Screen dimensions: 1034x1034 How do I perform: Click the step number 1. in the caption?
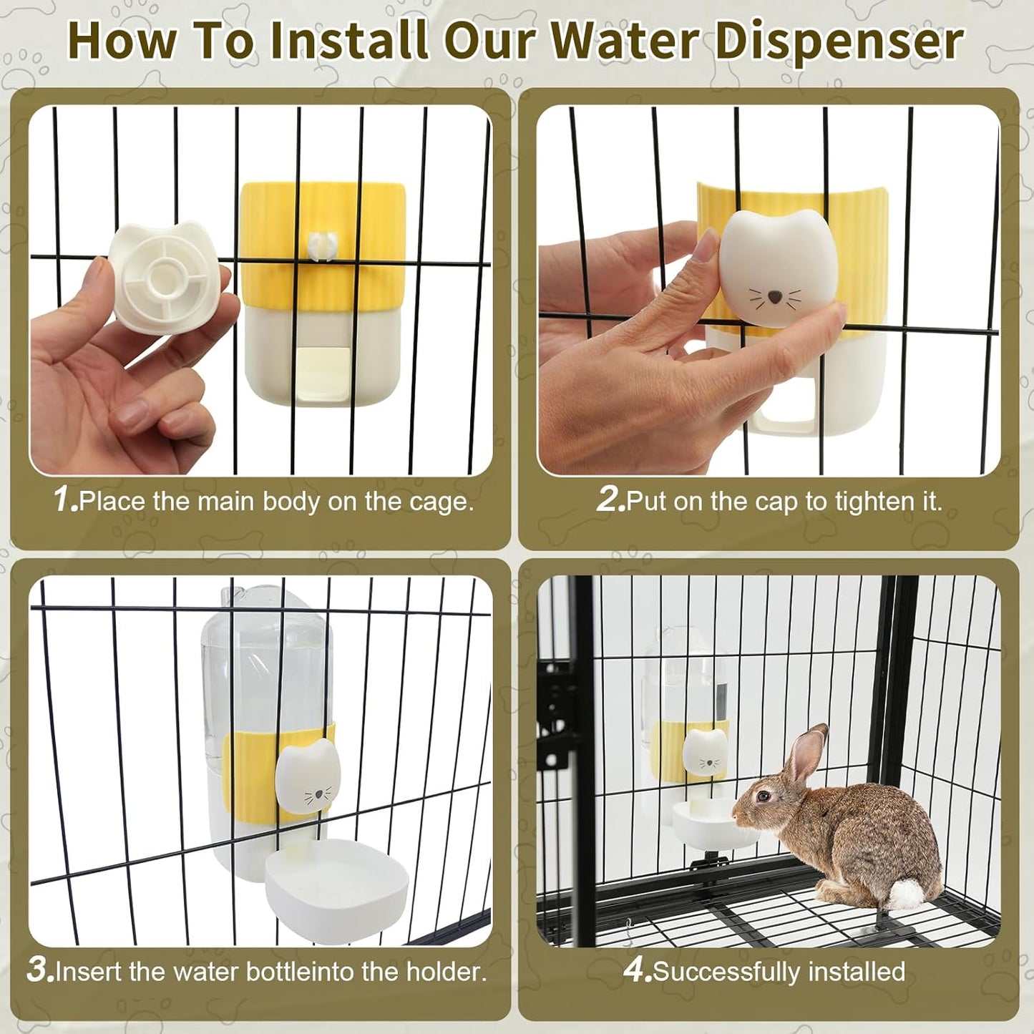[x=65, y=499]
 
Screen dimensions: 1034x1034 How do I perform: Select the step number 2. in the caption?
[x=610, y=499]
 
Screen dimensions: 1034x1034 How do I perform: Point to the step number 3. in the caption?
[x=40, y=970]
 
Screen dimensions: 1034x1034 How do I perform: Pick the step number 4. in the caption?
[x=637, y=970]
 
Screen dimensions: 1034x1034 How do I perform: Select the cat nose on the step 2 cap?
[x=774, y=296]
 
